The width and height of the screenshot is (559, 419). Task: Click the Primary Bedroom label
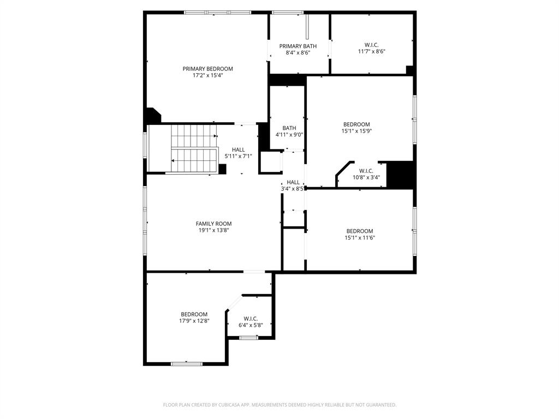coord(207,69)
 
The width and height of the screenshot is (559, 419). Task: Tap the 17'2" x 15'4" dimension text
coord(207,75)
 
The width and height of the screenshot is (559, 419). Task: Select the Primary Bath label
coord(298,46)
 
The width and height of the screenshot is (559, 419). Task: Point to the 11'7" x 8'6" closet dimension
coord(371,51)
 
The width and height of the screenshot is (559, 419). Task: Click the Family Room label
coord(213,224)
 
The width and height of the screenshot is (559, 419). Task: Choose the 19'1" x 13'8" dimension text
coord(213,230)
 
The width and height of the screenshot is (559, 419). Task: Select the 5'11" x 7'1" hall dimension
coord(238,156)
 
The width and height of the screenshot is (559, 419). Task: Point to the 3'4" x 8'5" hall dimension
coord(293,189)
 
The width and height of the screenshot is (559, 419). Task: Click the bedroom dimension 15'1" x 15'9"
coord(356,131)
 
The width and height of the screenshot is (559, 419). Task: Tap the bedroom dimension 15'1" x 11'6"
coord(360,237)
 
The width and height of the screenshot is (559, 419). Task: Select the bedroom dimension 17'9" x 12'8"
coord(194,321)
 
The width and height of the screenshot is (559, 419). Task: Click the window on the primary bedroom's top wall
coord(217,13)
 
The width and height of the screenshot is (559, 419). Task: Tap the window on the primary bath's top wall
coord(288,13)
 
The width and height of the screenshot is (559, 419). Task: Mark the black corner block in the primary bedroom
coord(152,116)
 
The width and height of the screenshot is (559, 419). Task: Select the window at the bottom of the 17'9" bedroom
coord(187,363)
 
